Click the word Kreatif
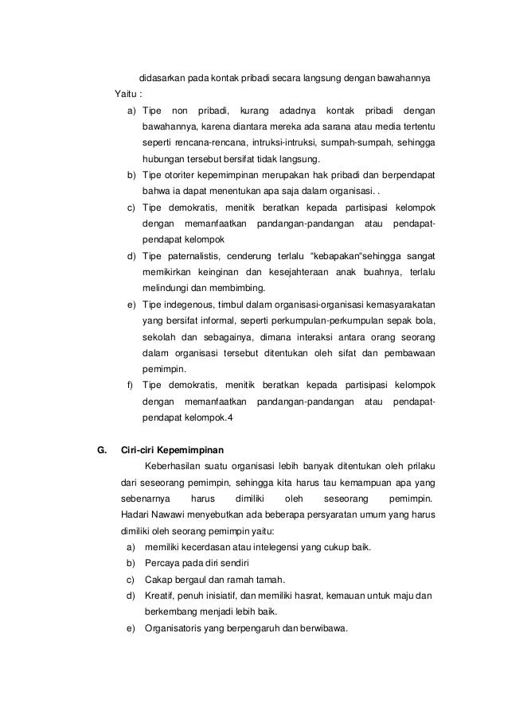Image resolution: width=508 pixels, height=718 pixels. [159, 596]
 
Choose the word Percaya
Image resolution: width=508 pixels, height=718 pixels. [162, 564]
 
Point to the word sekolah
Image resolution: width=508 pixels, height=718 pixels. [159, 336]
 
